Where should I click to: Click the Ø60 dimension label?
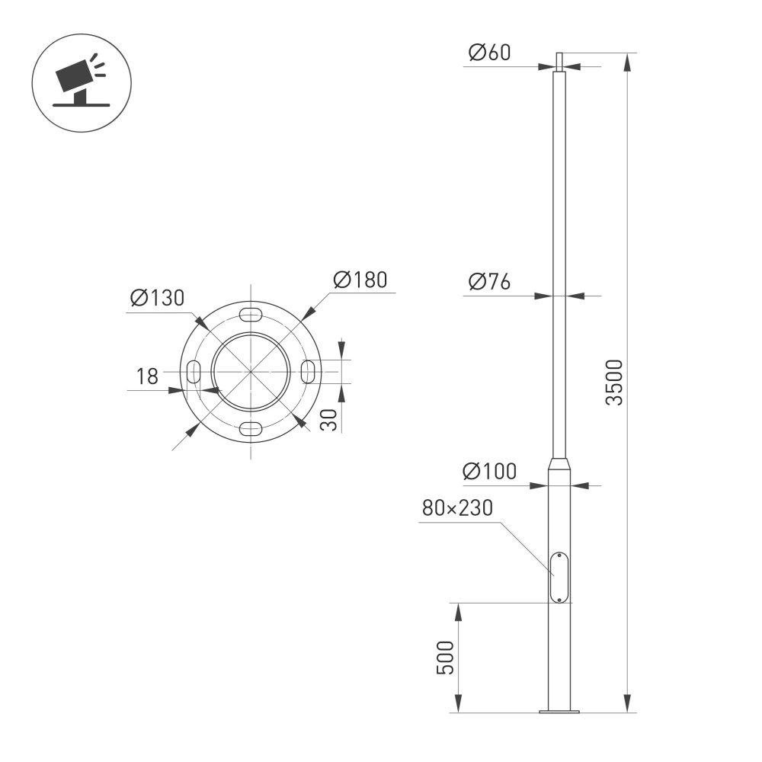coord(489,53)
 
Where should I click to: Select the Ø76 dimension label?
coord(489,281)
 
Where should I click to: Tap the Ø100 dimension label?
coord(489,472)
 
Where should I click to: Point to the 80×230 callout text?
coord(458,508)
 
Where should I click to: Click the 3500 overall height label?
coord(614,383)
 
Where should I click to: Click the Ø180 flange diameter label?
coord(360,280)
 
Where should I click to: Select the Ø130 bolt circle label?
coord(157,298)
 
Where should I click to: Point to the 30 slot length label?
coord(328,420)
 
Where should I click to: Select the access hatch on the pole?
coord(559,578)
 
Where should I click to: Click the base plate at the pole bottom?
coord(559,712)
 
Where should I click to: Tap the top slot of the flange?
coord(251,315)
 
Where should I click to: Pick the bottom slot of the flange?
coord(251,428)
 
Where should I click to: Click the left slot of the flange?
coord(194,372)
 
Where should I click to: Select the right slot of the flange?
coord(308,371)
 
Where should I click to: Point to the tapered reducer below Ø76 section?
coord(559,464)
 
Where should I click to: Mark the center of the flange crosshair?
coord(251,372)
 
